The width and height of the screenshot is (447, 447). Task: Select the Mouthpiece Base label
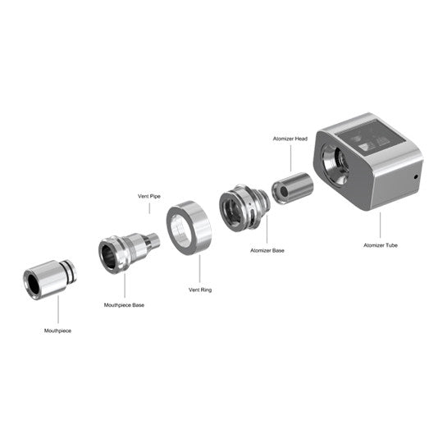pos(124,305)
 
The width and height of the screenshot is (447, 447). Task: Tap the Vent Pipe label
pos(149,196)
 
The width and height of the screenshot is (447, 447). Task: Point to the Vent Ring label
pos(200,290)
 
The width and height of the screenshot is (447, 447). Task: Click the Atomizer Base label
pos(267,249)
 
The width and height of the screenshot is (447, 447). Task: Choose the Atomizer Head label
pos(290,140)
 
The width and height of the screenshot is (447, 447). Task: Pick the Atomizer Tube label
pos(381,244)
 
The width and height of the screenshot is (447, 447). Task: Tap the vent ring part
pos(189,229)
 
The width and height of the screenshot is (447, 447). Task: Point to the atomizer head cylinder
pos(292,186)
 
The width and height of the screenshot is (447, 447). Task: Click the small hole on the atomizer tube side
pos(416,176)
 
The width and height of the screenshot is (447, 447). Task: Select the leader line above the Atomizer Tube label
pos(381,224)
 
